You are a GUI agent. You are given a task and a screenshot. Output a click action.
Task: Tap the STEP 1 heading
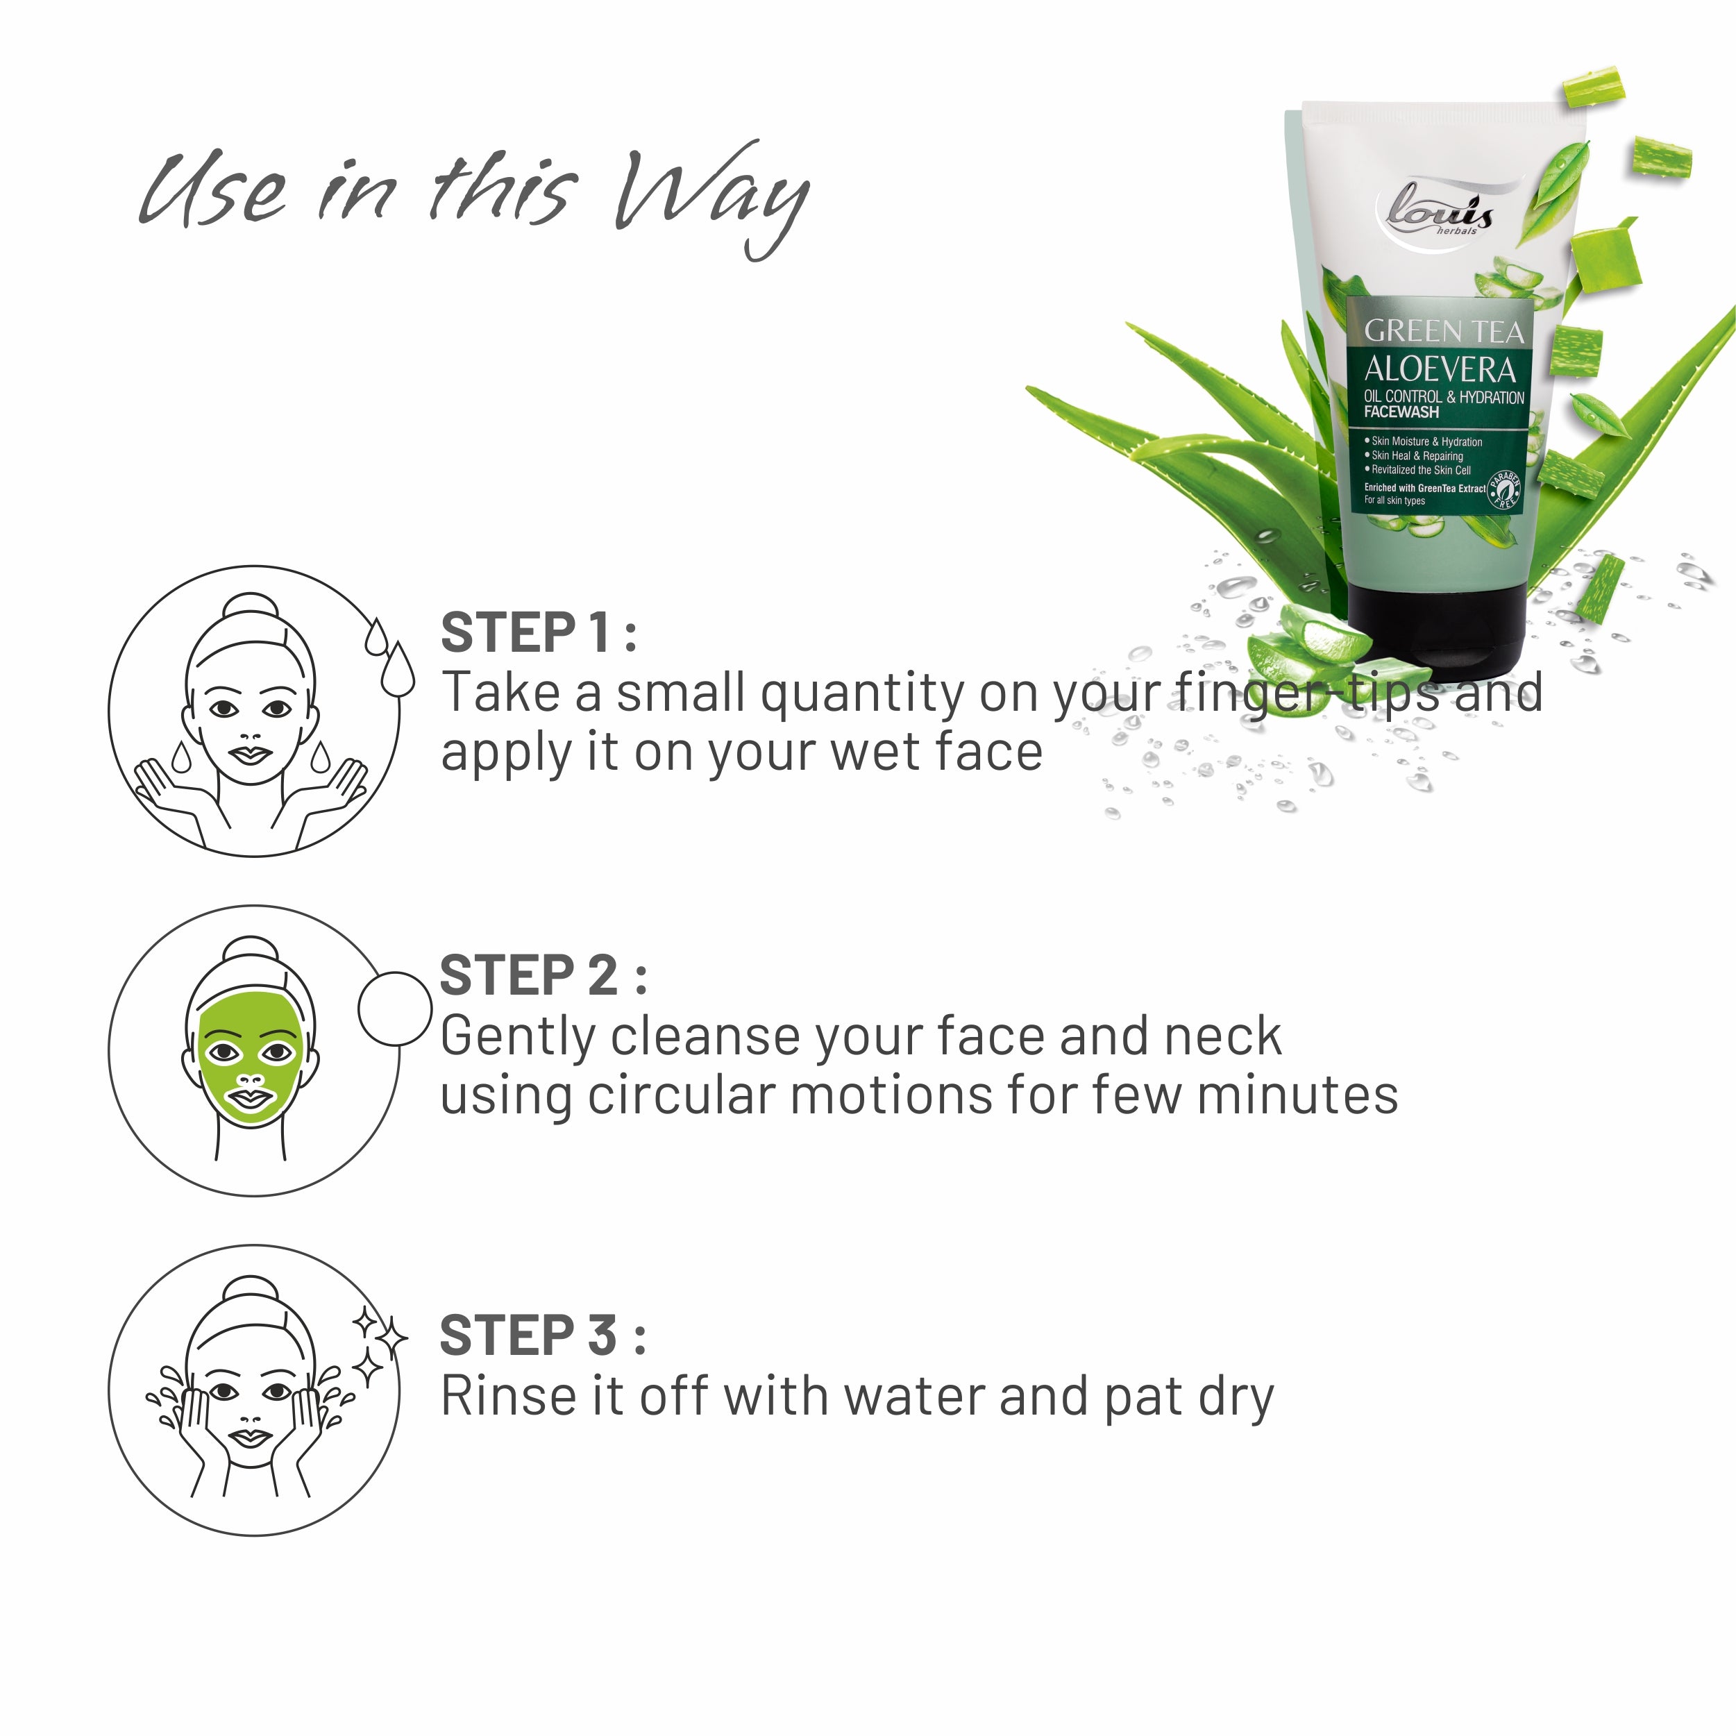pyautogui.click(x=537, y=632)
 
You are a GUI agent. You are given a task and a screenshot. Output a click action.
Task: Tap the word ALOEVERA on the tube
pyautogui.click(x=1440, y=369)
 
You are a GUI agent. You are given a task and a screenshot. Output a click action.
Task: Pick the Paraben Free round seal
pyautogui.click(x=1504, y=490)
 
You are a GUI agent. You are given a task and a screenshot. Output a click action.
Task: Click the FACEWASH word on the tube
pyautogui.click(x=1401, y=412)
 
